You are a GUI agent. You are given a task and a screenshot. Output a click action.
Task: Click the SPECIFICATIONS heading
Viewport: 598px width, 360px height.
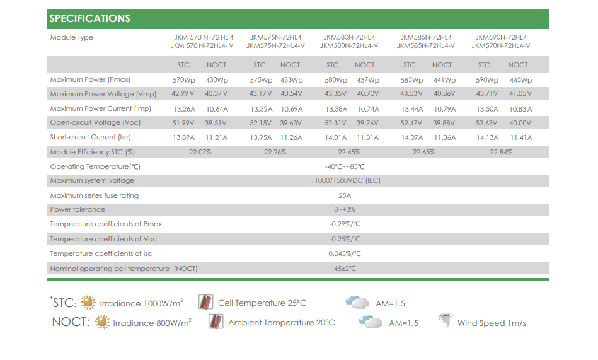[x=89, y=18]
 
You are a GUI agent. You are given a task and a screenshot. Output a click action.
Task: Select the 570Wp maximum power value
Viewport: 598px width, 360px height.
[x=183, y=80]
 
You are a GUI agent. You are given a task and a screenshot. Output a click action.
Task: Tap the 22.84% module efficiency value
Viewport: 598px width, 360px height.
[x=501, y=152]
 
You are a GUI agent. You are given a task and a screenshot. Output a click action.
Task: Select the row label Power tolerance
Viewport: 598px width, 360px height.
[x=78, y=209]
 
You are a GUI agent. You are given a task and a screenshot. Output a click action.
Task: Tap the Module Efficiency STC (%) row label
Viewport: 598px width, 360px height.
[x=93, y=152]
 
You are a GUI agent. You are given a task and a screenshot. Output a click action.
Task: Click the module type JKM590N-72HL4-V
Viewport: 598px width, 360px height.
[x=501, y=45]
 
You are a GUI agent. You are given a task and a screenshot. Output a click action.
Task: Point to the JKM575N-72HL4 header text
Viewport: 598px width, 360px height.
[x=275, y=37]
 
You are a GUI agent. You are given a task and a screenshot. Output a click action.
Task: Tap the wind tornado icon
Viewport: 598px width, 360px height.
[x=446, y=321]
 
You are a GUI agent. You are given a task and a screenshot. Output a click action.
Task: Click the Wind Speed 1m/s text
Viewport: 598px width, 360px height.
[x=492, y=323]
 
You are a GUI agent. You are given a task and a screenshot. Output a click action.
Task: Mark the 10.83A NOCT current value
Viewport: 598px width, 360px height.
[x=520, y=108]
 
